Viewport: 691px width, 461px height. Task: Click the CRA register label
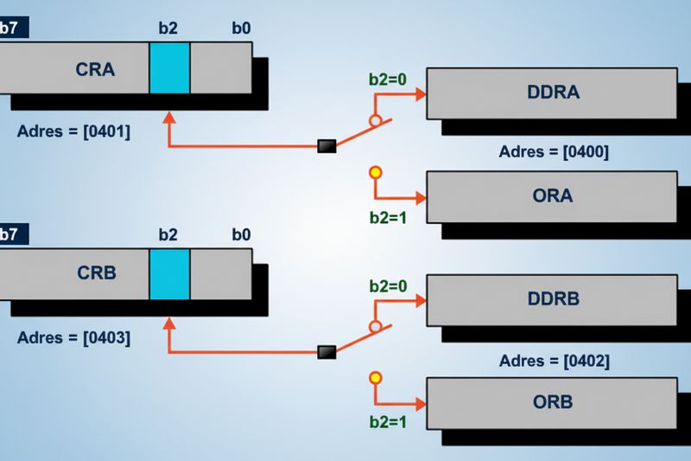(95, 69)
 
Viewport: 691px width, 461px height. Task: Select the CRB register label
(97, 272)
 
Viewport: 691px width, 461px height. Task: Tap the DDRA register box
(552, 93)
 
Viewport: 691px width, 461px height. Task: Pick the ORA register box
(552, 196)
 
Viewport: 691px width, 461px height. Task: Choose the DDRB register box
(552, 300)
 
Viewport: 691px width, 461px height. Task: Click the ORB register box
(552, 403)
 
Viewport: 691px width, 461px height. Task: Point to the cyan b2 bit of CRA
(169, 68)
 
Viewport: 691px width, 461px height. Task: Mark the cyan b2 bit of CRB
(169, 274)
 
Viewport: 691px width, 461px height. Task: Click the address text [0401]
(106, 131)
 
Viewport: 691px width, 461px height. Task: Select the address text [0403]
(106, 338)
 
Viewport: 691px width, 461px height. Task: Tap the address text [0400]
(586, 151)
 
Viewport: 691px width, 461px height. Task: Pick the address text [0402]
(586, 361)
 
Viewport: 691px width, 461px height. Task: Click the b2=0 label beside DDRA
(388, 80)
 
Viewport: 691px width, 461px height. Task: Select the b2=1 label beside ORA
(388, 217)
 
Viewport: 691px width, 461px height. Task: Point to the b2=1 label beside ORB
(388, 422)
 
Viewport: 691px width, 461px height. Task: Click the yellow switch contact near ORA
(376, 172)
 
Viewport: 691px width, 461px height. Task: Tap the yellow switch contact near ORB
(376, 378)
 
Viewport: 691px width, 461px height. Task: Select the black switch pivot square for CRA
(327, 146)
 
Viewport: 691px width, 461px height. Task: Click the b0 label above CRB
(242, 234)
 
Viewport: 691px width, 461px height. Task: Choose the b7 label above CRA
(9, 28)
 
